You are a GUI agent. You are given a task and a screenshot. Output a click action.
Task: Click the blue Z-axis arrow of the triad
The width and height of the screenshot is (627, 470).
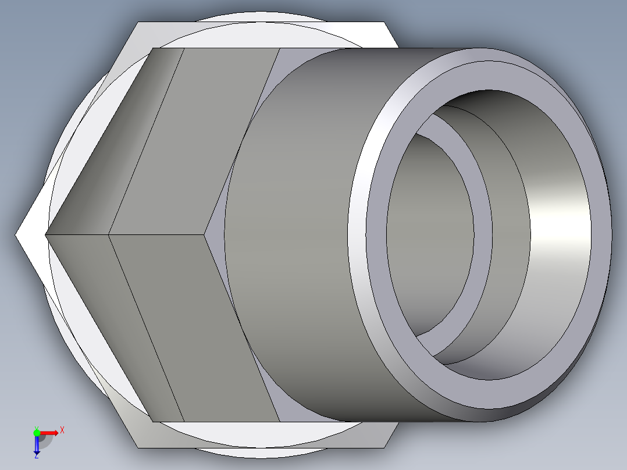37,445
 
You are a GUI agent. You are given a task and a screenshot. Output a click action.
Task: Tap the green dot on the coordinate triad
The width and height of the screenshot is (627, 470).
37,432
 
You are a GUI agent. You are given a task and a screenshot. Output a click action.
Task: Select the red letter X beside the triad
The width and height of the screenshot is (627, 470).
62,430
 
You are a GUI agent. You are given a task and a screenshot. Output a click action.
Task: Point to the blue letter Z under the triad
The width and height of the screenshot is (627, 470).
36,456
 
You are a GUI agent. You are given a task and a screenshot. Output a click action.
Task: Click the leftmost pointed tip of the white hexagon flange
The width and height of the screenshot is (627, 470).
16,235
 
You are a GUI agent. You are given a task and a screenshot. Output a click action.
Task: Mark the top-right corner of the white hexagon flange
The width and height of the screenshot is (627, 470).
384,23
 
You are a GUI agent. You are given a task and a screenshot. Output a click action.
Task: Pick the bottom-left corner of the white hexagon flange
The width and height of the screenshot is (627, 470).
138,447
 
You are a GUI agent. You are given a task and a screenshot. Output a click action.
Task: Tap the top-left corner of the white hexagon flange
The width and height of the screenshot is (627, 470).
138,23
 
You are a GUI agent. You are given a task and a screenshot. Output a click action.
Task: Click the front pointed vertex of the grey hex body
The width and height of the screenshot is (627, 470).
47,235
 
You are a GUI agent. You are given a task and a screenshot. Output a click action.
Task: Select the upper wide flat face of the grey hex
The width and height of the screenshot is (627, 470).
192,140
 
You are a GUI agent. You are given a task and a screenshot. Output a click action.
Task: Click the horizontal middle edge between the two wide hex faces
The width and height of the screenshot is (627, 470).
157,235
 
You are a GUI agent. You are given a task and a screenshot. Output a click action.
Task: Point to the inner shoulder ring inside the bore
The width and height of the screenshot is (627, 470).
483,233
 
